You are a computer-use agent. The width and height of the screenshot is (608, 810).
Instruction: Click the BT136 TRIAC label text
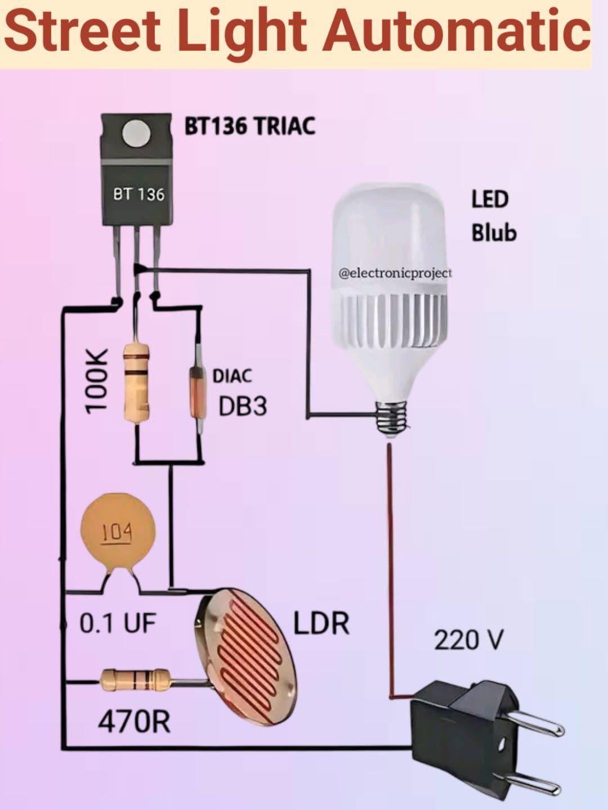click(250, 126)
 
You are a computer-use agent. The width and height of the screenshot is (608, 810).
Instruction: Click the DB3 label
click(243, 407)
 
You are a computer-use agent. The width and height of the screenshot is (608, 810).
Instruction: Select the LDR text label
click(321, 623)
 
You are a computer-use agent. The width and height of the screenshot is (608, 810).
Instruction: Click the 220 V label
click(468, 640)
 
